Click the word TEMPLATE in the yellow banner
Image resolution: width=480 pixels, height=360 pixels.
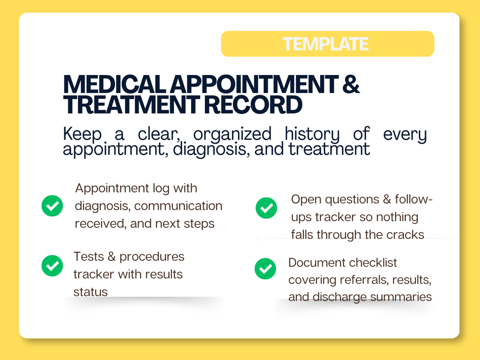coord(325,44)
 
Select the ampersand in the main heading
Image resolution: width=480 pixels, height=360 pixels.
coord(351,84)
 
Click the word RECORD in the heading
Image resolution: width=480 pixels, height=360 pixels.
coord(253,105)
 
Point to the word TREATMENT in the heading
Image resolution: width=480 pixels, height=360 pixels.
coord(131,105)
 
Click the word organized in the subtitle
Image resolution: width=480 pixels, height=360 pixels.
coord(232,135)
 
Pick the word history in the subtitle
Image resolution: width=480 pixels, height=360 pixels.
coord(312,135)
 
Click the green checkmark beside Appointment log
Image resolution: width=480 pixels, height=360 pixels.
coord(53,206)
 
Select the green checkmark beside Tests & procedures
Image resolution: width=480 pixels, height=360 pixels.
coord(53,266)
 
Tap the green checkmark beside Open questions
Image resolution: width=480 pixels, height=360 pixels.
coord(267,208)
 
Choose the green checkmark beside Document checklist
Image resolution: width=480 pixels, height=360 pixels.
coord(266,269)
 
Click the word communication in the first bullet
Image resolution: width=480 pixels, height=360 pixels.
coord(178,206)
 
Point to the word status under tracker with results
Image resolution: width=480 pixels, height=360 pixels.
coord(91,292)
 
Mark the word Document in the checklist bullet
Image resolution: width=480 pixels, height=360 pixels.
coord(317,263)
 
